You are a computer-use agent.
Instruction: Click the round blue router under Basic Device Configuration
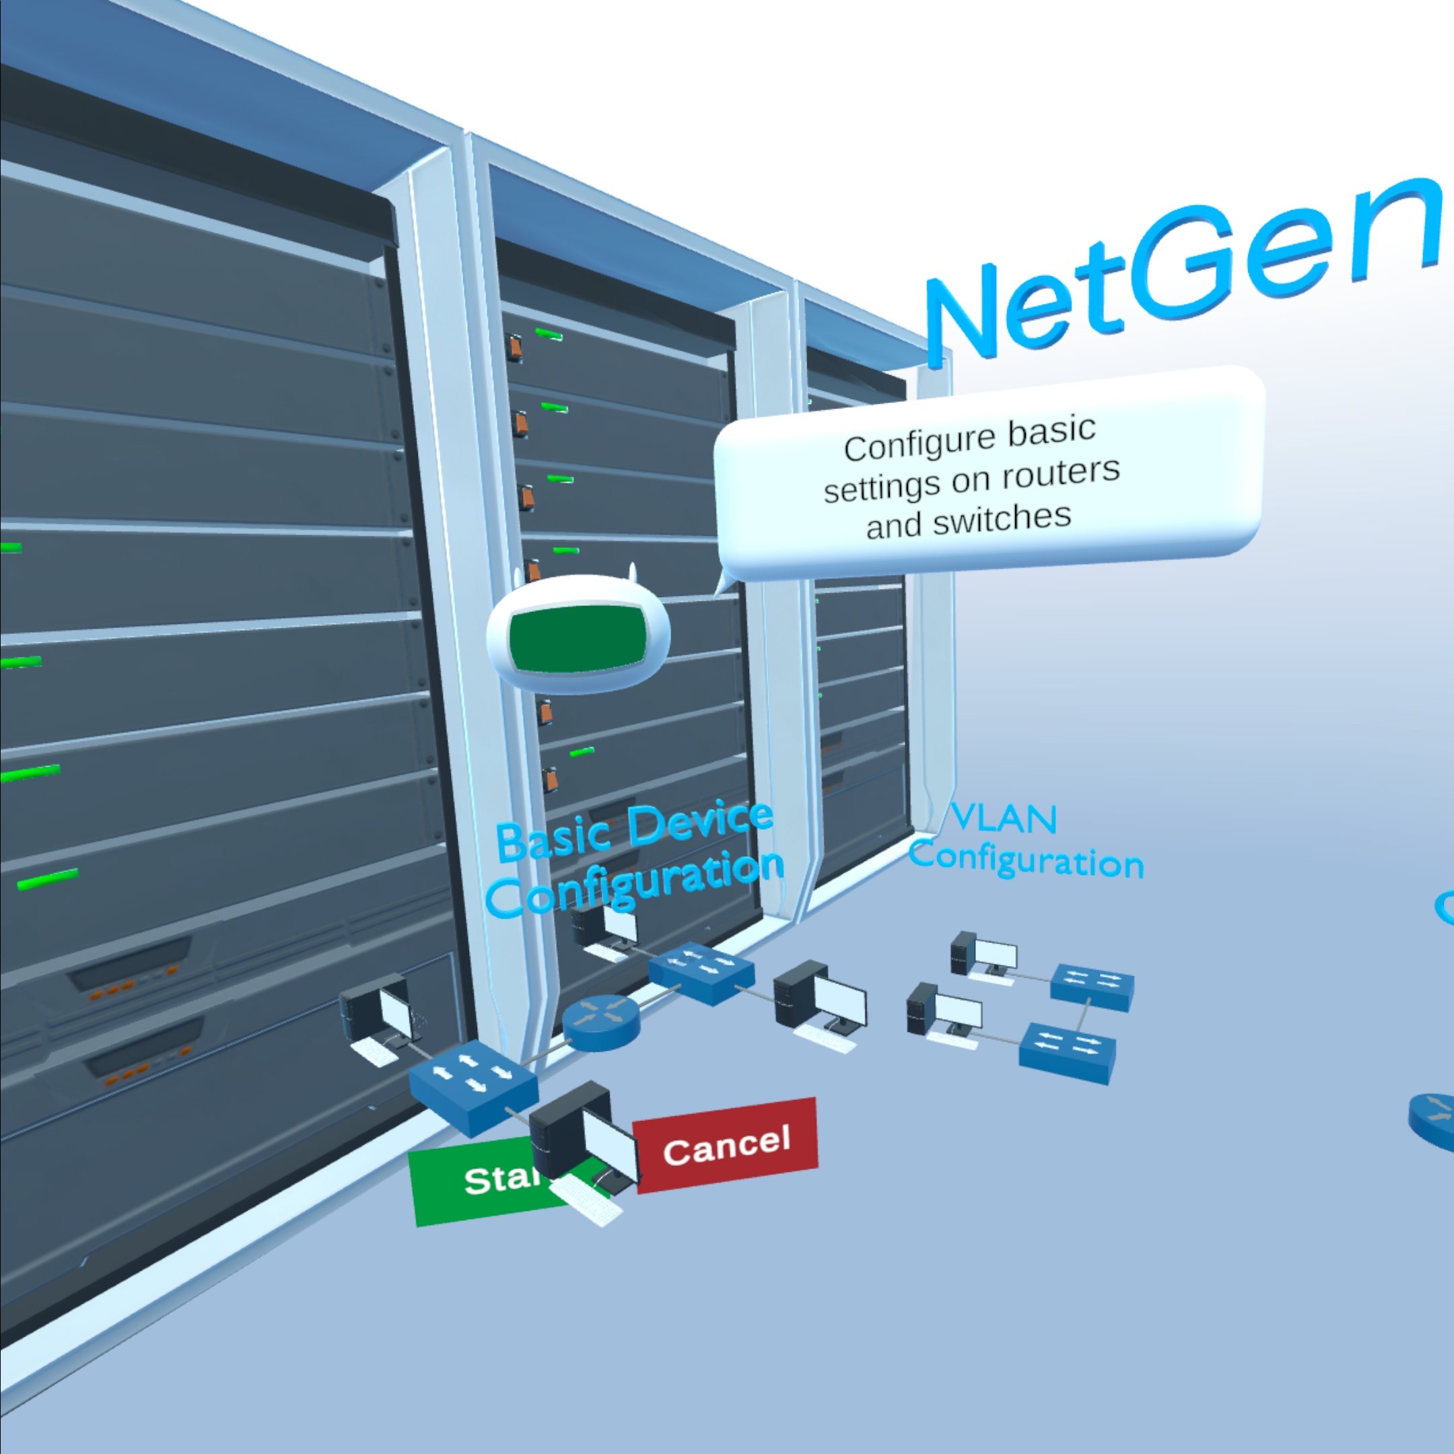click(x=600, y=1021)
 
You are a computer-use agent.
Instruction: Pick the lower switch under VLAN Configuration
click(x=1067, y=1051)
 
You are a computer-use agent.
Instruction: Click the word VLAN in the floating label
click(x=1003, y=818)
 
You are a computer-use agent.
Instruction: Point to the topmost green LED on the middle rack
click(x=549, y=333)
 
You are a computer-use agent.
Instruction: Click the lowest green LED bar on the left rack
click(x=47, y=879)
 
